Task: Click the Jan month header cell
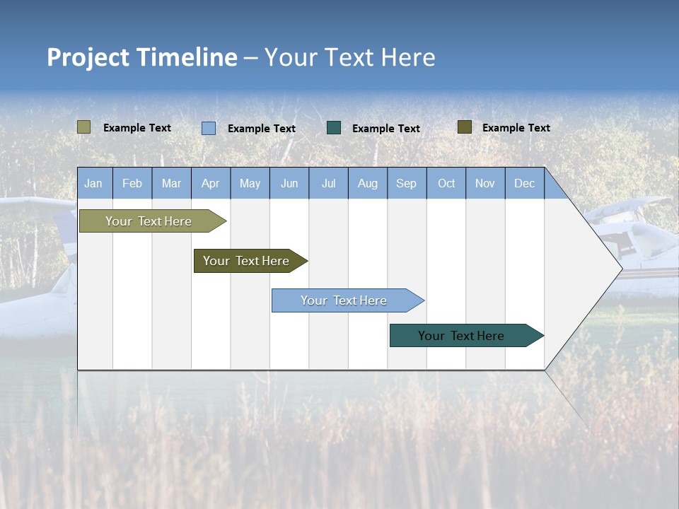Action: (x=94, y=183)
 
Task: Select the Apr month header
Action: (x=210, y=183)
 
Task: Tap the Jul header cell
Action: (x=328, y=183)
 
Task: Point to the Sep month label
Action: (x=406, y=183)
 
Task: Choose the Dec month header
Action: (x=524, y=183)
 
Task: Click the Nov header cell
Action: (x=484, y=183)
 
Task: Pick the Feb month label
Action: (x=132, y=183)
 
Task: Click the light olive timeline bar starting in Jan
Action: (x=149, y=221)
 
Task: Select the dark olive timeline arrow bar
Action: (x=246, y=261)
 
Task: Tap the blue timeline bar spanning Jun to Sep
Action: (x=344, y=300)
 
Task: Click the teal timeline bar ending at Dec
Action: (x=461, y=336)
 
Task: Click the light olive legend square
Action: (x=83, y=127)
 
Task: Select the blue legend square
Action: (x=209, y=128)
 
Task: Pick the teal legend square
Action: (x=334, y=128)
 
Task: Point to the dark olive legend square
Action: (x=464, y=127)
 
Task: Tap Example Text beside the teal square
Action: (x=385, y=129)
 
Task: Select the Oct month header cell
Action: (x=446, y=183)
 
